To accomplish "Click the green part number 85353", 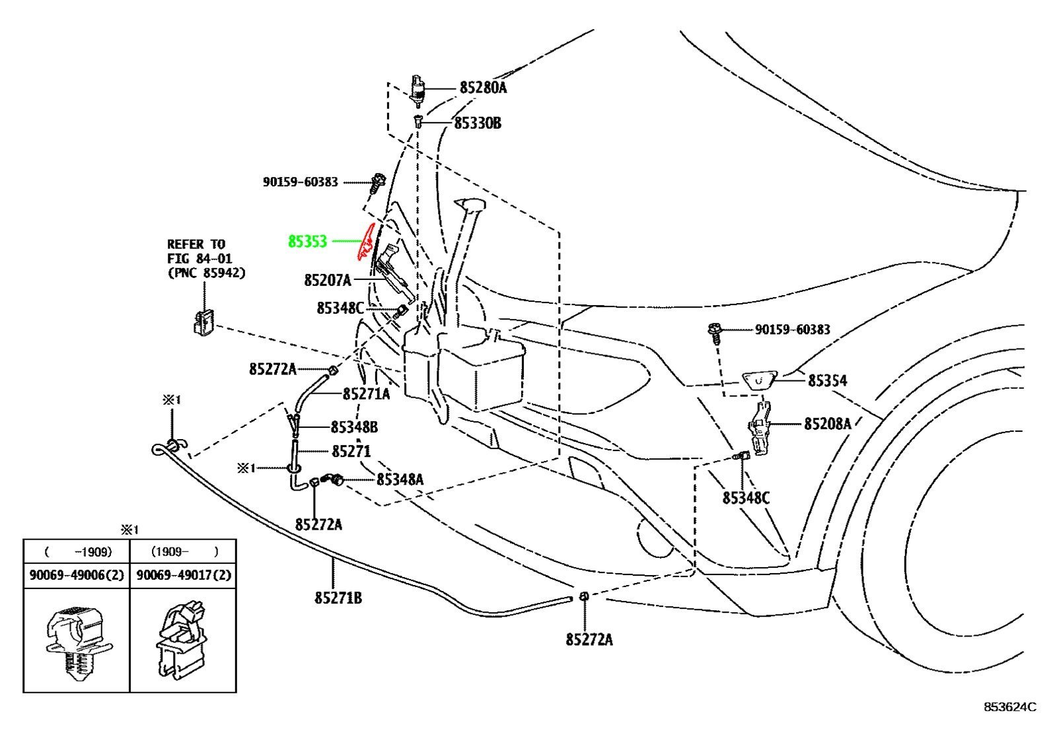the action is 307,242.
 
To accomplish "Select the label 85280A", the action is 483,88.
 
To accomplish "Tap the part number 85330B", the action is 478,123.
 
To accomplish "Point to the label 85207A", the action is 328,281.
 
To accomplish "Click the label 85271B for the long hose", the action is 338,598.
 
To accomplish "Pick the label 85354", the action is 827,380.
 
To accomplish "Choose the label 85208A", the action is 827,424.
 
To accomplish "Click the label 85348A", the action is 400,479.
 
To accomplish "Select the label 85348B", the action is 354,427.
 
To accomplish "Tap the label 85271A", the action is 366,394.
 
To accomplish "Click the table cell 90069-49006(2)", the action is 77,574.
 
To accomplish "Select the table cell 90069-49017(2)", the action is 184,574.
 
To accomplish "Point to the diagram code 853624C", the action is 1010,707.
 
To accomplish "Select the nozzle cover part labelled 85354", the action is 759,380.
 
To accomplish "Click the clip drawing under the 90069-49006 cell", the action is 79,642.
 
